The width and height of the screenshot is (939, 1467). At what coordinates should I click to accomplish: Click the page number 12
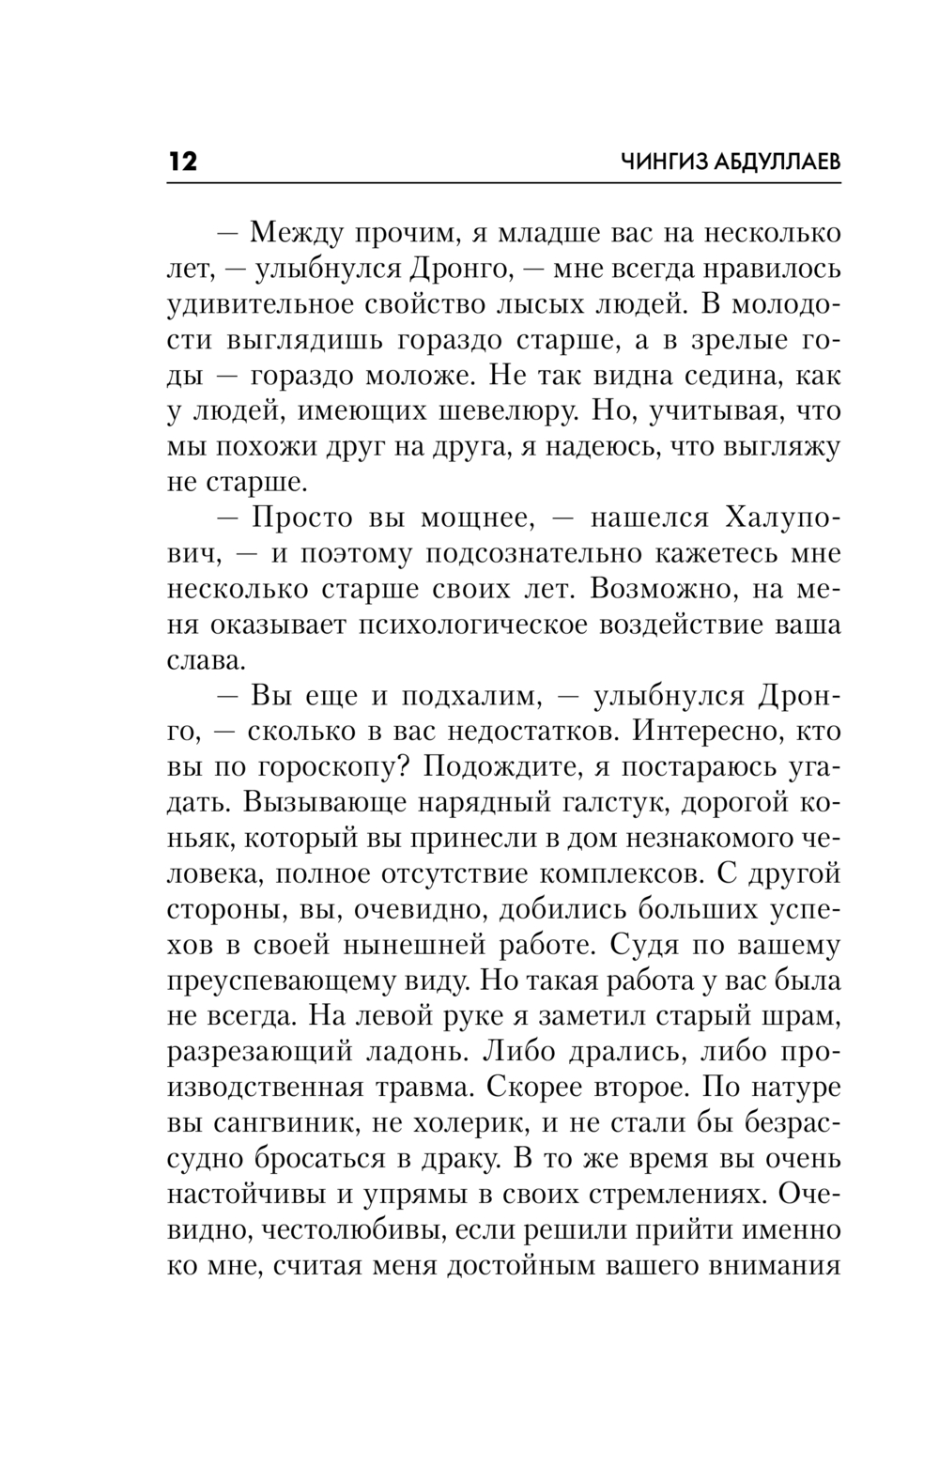click(x=183, y=162)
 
